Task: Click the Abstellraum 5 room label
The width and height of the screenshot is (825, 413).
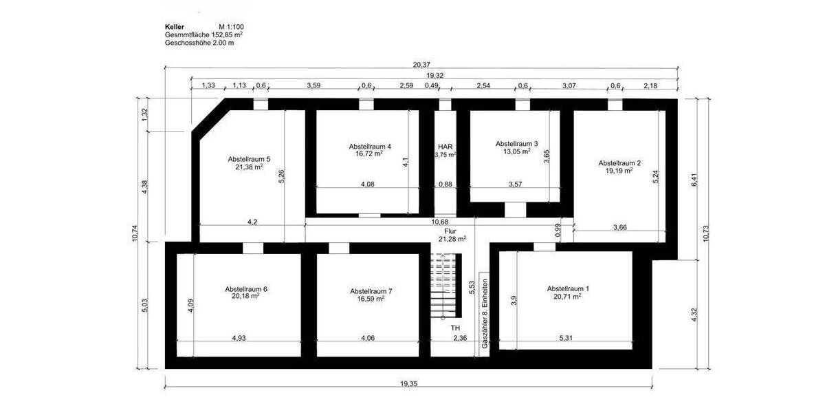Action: pos(249,159)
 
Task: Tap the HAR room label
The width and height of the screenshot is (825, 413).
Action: pos(445,147)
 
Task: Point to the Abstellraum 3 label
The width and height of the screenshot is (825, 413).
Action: pos(516,143)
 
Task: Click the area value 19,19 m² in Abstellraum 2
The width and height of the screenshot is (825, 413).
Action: pos(619,171)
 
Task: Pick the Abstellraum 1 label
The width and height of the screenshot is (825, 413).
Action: pos(568,288)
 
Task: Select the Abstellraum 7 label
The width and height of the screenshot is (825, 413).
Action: pos(371,290)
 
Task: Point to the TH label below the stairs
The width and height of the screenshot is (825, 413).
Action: pos(455,328)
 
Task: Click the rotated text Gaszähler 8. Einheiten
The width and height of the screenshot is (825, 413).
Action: pos(485,313)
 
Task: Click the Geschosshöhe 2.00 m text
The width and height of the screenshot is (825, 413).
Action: pos(199,43)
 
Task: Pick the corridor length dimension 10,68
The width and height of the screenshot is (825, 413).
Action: pos(440,222)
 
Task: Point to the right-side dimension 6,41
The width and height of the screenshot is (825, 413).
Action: pos(694,180)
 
